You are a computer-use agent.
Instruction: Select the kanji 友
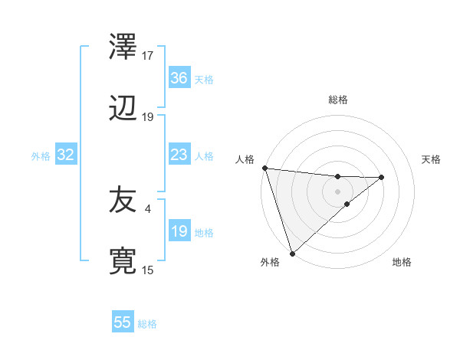[x=123, y=200]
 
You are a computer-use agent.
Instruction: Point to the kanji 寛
[x=123, y=261]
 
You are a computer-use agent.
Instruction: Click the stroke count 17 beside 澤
[x=148, y=56]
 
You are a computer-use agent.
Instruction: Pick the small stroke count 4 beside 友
[x=147, y=207]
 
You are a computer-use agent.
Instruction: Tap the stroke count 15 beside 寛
[x=148, y=270]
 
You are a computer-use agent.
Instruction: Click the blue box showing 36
[x=179, y=78]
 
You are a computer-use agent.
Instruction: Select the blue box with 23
[x=179, y=155]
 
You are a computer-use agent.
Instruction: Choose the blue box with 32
[x=66, y=155]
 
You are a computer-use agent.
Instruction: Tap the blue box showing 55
[x=123, y=322]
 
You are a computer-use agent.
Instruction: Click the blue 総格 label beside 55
[x=147, y=324]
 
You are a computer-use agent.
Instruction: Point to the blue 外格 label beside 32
[x=41, y=156]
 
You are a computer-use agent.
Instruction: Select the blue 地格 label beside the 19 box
[x=204, y=233]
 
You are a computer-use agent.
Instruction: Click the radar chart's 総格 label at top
[x=338, y=100]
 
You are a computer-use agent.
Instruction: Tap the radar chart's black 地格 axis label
[x=402, y=263]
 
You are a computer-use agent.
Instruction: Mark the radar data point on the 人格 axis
[x=264, y=168]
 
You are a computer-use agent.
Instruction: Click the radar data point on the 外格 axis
[x=292, y=253]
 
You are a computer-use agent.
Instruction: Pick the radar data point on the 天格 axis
[x=382, y=177]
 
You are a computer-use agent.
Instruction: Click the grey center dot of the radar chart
[x=338, y=191]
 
